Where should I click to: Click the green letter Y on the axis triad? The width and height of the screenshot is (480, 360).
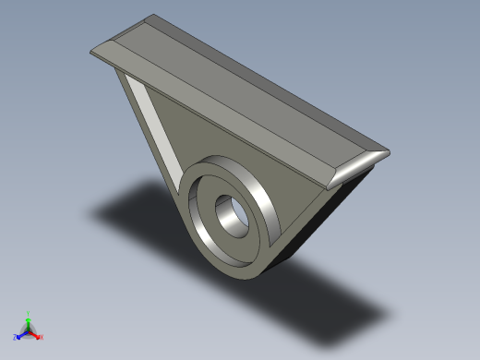(29, 313)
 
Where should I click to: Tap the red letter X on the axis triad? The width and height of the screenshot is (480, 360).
(42, 337)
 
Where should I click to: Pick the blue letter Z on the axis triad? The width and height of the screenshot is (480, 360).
(15, 337)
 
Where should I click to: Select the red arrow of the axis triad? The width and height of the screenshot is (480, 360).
(35, 332)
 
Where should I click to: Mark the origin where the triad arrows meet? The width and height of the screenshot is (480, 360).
(29, 330)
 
